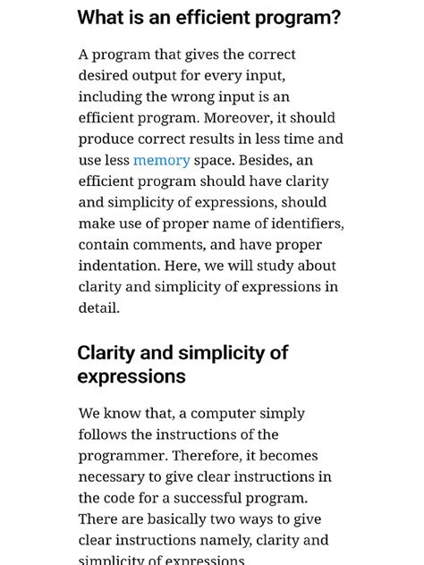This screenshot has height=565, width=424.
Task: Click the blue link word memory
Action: [x=161, y=160]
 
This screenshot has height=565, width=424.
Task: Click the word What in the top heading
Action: [x=99, y=18]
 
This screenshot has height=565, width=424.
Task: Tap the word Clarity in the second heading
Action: [x=107, y=352]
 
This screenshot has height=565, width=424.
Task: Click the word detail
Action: [x=98, y=308]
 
